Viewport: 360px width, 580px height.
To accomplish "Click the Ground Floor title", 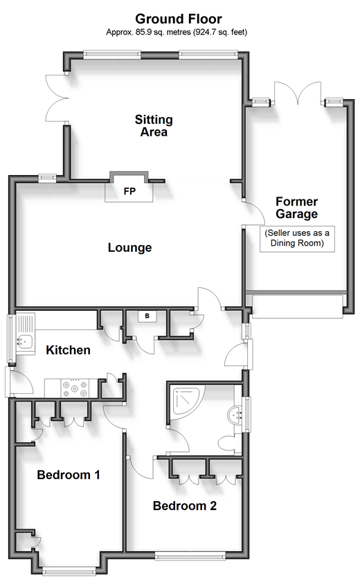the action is [179, 19].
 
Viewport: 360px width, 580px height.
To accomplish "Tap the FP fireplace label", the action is [129, 191].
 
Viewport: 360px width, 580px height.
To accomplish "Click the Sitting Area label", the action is [154, 126].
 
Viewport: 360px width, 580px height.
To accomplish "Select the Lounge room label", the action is [130, 248].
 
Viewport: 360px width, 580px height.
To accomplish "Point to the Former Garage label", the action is [297, 208].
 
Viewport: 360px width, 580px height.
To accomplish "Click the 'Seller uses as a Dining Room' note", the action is [297, 238].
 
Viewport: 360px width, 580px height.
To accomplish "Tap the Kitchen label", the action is [68, 350].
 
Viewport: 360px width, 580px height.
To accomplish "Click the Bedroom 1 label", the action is [69, 475].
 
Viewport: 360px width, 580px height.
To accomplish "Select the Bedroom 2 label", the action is [185, 506].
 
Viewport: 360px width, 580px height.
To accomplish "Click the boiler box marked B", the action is [147, 316].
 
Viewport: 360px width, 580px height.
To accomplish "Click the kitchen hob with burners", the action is [75, 388].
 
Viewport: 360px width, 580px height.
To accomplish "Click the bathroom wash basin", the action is [235, 415].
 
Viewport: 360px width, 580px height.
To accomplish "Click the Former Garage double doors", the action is [298, 93].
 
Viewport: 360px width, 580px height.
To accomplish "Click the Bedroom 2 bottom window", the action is [190, 556].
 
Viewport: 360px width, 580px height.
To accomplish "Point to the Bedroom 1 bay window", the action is [69, 571].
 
